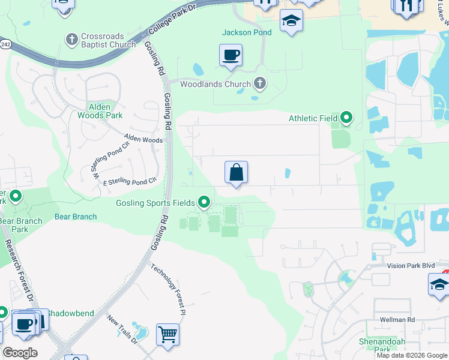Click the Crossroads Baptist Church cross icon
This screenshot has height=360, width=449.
[71, 39]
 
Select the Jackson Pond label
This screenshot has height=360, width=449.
[246, 32]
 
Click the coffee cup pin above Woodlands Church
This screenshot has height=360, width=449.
[231, 56]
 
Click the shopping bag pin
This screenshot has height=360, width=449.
[236, 172]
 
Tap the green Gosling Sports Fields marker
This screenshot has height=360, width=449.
[205, 202]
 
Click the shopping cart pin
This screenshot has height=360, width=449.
[167, 334]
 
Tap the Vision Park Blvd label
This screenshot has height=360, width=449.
[411, 265]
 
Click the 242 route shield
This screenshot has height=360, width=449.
[4, 44]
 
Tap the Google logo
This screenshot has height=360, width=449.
[20, 353]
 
